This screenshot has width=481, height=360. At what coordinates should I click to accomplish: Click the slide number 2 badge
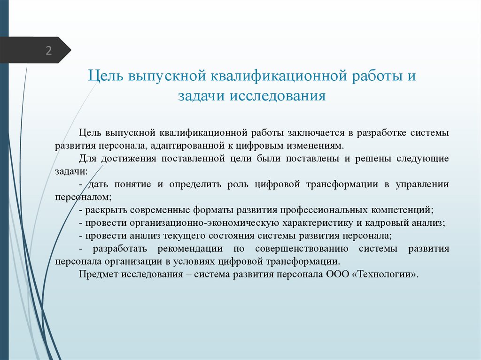[48, 51]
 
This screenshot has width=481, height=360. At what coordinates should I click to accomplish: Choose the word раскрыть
[105, 210]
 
